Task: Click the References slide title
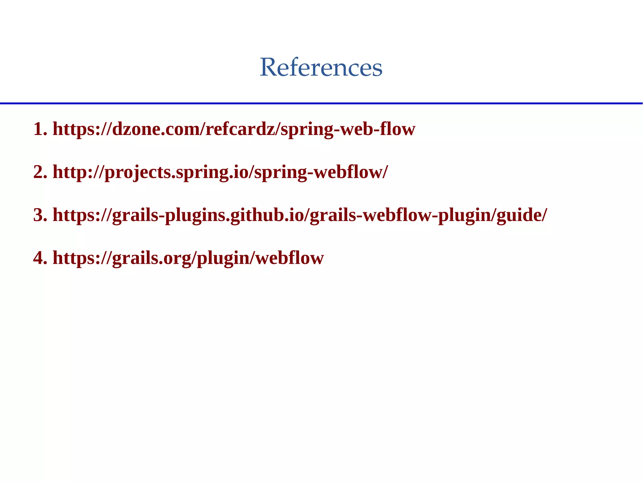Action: [x=321, y=67]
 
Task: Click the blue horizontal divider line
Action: [x=321, y=103]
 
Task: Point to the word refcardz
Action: [x=240, y=129]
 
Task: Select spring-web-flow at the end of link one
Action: [x=348, y=130]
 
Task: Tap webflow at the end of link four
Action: [x=289, y=258]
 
